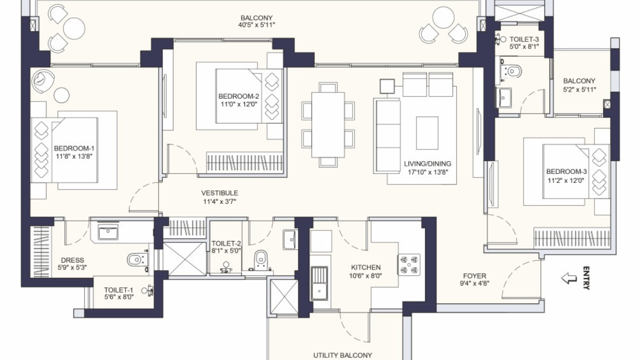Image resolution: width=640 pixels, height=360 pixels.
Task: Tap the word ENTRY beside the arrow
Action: coord(586,278)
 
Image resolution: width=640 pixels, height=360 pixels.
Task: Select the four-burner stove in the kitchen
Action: coord(409,265)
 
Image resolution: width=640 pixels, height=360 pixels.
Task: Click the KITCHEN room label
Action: coord(365,267)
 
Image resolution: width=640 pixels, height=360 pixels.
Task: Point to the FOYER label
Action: coord(474,276)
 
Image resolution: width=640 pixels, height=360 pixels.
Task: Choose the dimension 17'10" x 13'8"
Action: coord(427,172)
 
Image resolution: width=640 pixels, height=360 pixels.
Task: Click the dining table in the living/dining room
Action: coord(327,125)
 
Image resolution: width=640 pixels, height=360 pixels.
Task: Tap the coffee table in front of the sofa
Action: coord(427,133)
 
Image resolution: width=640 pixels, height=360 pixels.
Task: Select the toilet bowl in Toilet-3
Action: coord(513,71)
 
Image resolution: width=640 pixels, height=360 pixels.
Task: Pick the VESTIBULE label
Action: coord(219,193)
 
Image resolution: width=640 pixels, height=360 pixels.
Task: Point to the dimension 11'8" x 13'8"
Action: coord(74,156)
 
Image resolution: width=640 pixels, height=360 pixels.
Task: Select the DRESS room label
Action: coord(72,260)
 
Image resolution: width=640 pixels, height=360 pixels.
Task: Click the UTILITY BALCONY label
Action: coord(342,355)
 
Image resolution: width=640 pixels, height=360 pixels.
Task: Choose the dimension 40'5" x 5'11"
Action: coord(256,25)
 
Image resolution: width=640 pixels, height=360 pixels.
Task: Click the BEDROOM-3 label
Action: coord(566,171)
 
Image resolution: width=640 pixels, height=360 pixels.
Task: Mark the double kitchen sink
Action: coord(319,283)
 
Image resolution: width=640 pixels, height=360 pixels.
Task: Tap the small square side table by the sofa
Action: coord(387,86)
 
